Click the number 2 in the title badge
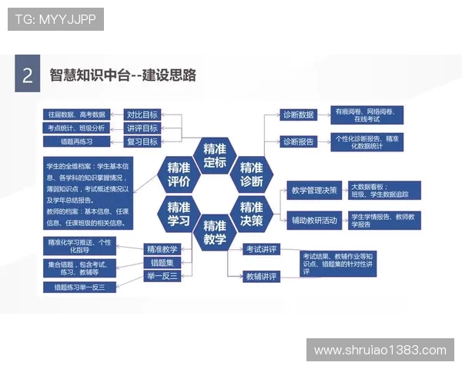[28, 75]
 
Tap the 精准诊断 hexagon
[251, 175]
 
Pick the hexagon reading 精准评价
[179, 175]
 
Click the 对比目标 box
[142, 114]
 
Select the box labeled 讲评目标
[142, 128]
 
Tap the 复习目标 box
[142, 141]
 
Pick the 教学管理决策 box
[313, 191]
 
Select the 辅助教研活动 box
[313, 220]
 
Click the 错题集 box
[162, 262]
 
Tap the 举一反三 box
[162, 275]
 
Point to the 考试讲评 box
[261, 249]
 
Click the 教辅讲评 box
[261, 276]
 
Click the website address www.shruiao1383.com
[380, 350]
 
